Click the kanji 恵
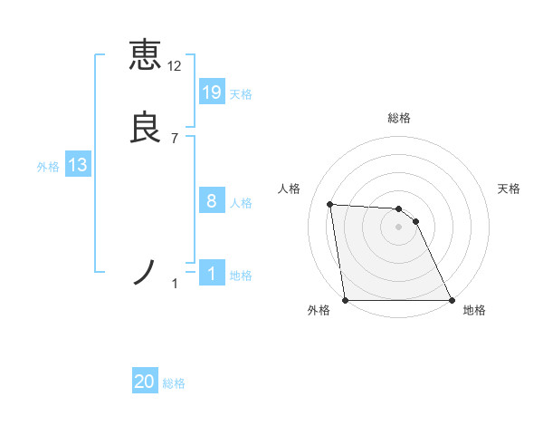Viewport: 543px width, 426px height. [145, 54]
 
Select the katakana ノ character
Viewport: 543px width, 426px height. [145, 272]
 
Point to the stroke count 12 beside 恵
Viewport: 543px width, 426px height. [174, 66]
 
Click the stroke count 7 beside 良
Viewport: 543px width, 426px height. [174, 138]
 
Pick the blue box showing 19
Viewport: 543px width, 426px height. [212, 92]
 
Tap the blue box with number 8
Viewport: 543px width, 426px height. [212, 201]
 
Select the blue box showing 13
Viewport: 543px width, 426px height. [77, 165]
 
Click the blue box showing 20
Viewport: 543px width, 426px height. [145, 382]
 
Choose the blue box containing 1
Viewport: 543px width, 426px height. [212, 274]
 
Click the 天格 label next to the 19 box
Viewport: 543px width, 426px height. [241, 94]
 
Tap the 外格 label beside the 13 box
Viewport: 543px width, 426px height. [48, 167]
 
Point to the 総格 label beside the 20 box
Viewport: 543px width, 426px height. [174, 383]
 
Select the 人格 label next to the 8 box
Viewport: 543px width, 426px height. [241, 203]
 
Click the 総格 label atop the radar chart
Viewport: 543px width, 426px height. [399, 118]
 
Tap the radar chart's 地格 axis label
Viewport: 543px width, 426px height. [474, 310]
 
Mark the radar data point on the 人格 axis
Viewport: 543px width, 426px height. [330, 205]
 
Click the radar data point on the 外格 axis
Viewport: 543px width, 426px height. [346, 300]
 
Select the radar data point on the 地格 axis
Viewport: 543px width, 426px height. [452, 300]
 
